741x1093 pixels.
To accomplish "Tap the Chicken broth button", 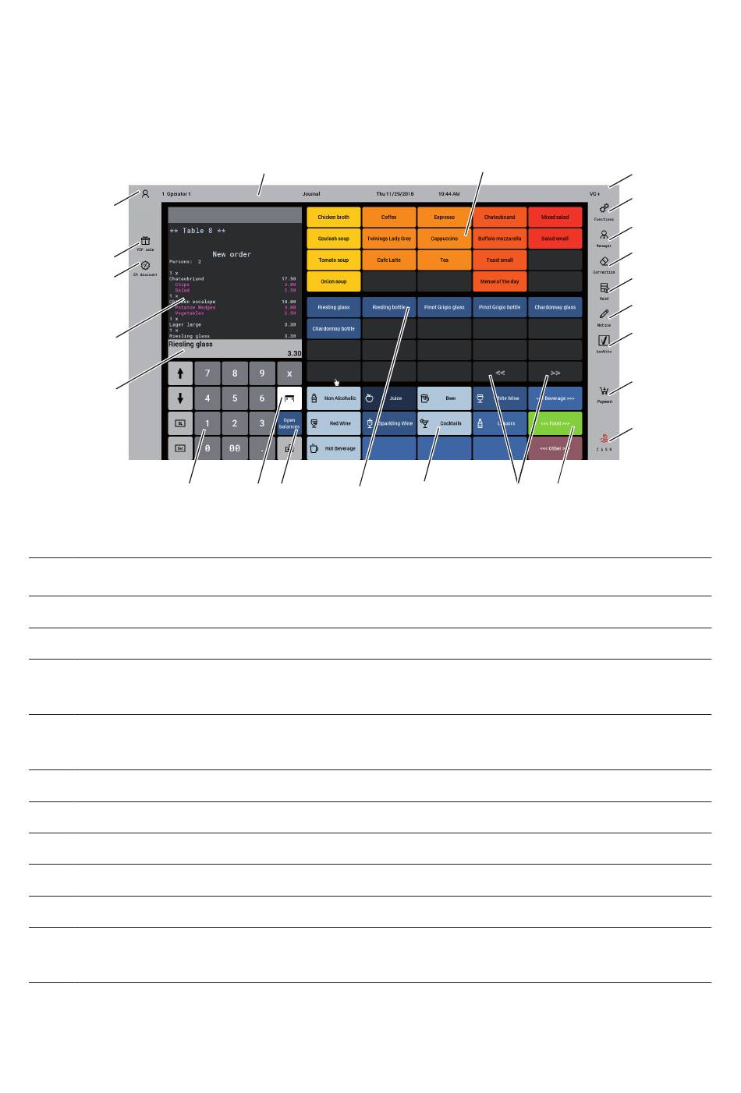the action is [x=334, y=218].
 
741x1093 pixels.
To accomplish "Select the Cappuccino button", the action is [x=444, y=239].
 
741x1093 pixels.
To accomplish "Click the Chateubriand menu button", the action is [x=499, y=218].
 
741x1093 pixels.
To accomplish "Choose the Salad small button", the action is [x=555, y=239].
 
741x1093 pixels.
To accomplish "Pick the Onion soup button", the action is [x=334, y=281].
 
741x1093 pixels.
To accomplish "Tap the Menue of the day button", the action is [x=499, y=281].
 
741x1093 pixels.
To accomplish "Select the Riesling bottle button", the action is [x=388, y=307].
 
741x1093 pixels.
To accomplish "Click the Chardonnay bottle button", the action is [x=334, y=329].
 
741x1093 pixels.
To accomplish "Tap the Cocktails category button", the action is [x=444, y=423].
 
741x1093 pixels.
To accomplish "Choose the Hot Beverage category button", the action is [x=334, y=449].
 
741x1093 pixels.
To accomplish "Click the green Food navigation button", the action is [x=555, y=423].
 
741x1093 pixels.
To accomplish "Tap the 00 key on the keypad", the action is [x=234, y=449].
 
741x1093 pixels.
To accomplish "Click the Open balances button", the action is [x=289, y=423].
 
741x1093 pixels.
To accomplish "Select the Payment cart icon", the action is [x=604, y=392].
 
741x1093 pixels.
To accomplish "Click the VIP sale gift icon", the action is [x=145, y=242].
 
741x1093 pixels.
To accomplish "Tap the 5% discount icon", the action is [x=145, y=266].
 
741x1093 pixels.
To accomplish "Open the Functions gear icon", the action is [x=604, y=209].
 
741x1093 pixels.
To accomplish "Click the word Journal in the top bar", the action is [x=311, y=194].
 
